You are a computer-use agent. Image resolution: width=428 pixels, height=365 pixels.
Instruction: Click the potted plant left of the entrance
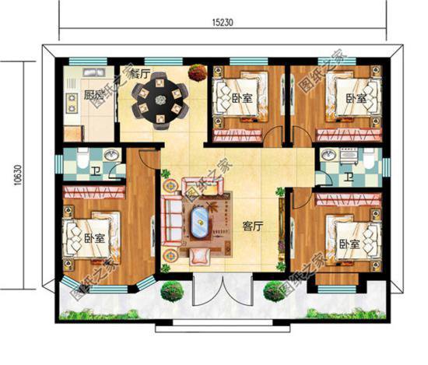pos(172,293)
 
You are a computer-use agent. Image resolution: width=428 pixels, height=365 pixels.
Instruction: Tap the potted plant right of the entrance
pos(274,292)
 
